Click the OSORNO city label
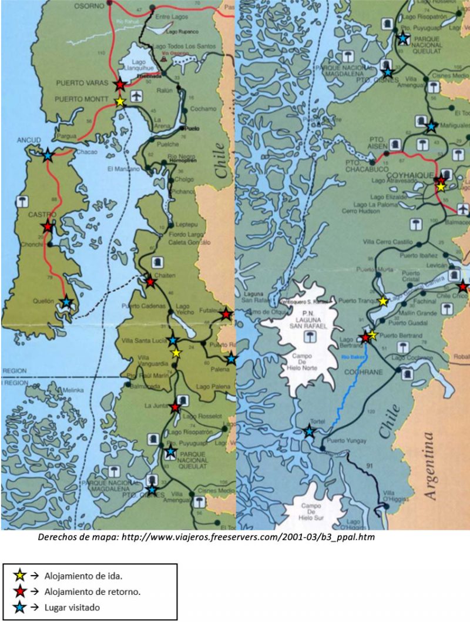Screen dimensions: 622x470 [89, 6]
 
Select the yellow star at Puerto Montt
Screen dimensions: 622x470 [120, 101]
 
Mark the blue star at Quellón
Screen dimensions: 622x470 [66, 302]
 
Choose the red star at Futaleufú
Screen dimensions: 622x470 [226, 315]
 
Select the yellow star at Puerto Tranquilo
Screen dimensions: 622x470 [383, 301]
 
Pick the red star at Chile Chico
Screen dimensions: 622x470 [463, 287]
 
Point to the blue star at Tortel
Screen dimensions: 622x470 [310, 432]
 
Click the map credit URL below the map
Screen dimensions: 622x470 [206, 537]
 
